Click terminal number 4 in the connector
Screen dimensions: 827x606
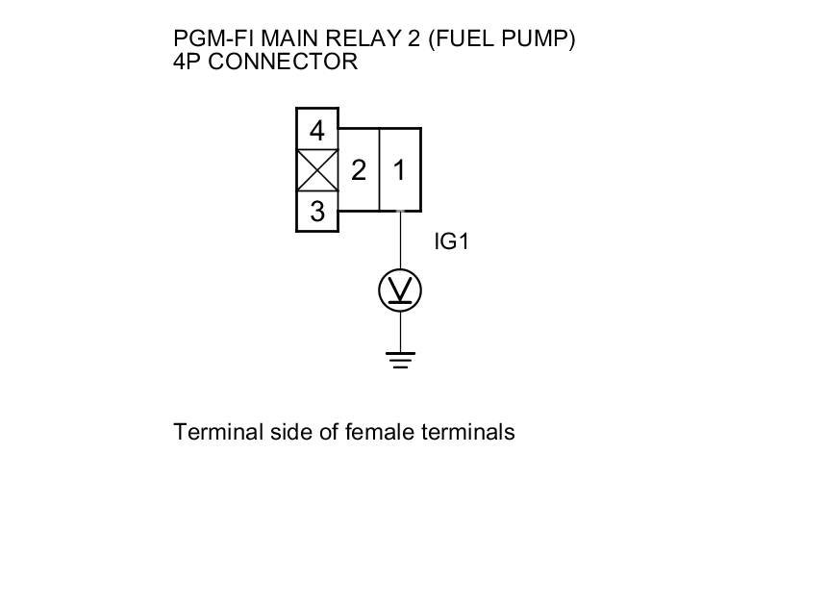tap(317, 130)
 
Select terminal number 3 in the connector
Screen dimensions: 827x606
tap(317, 212)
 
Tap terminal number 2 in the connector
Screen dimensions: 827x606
tap(359, 170)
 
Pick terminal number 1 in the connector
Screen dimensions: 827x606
tap(400, 170)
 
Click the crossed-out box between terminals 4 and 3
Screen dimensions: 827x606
tap(317, 171)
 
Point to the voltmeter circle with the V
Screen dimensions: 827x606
tap(400, 290)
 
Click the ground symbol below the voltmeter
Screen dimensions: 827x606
tap(400, 360)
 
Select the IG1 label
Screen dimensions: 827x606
tap(451, 241)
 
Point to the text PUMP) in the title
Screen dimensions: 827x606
tap(541, 40)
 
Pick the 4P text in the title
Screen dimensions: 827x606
tap(188, 63)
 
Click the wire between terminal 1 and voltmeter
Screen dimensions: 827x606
tap(400, 240)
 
